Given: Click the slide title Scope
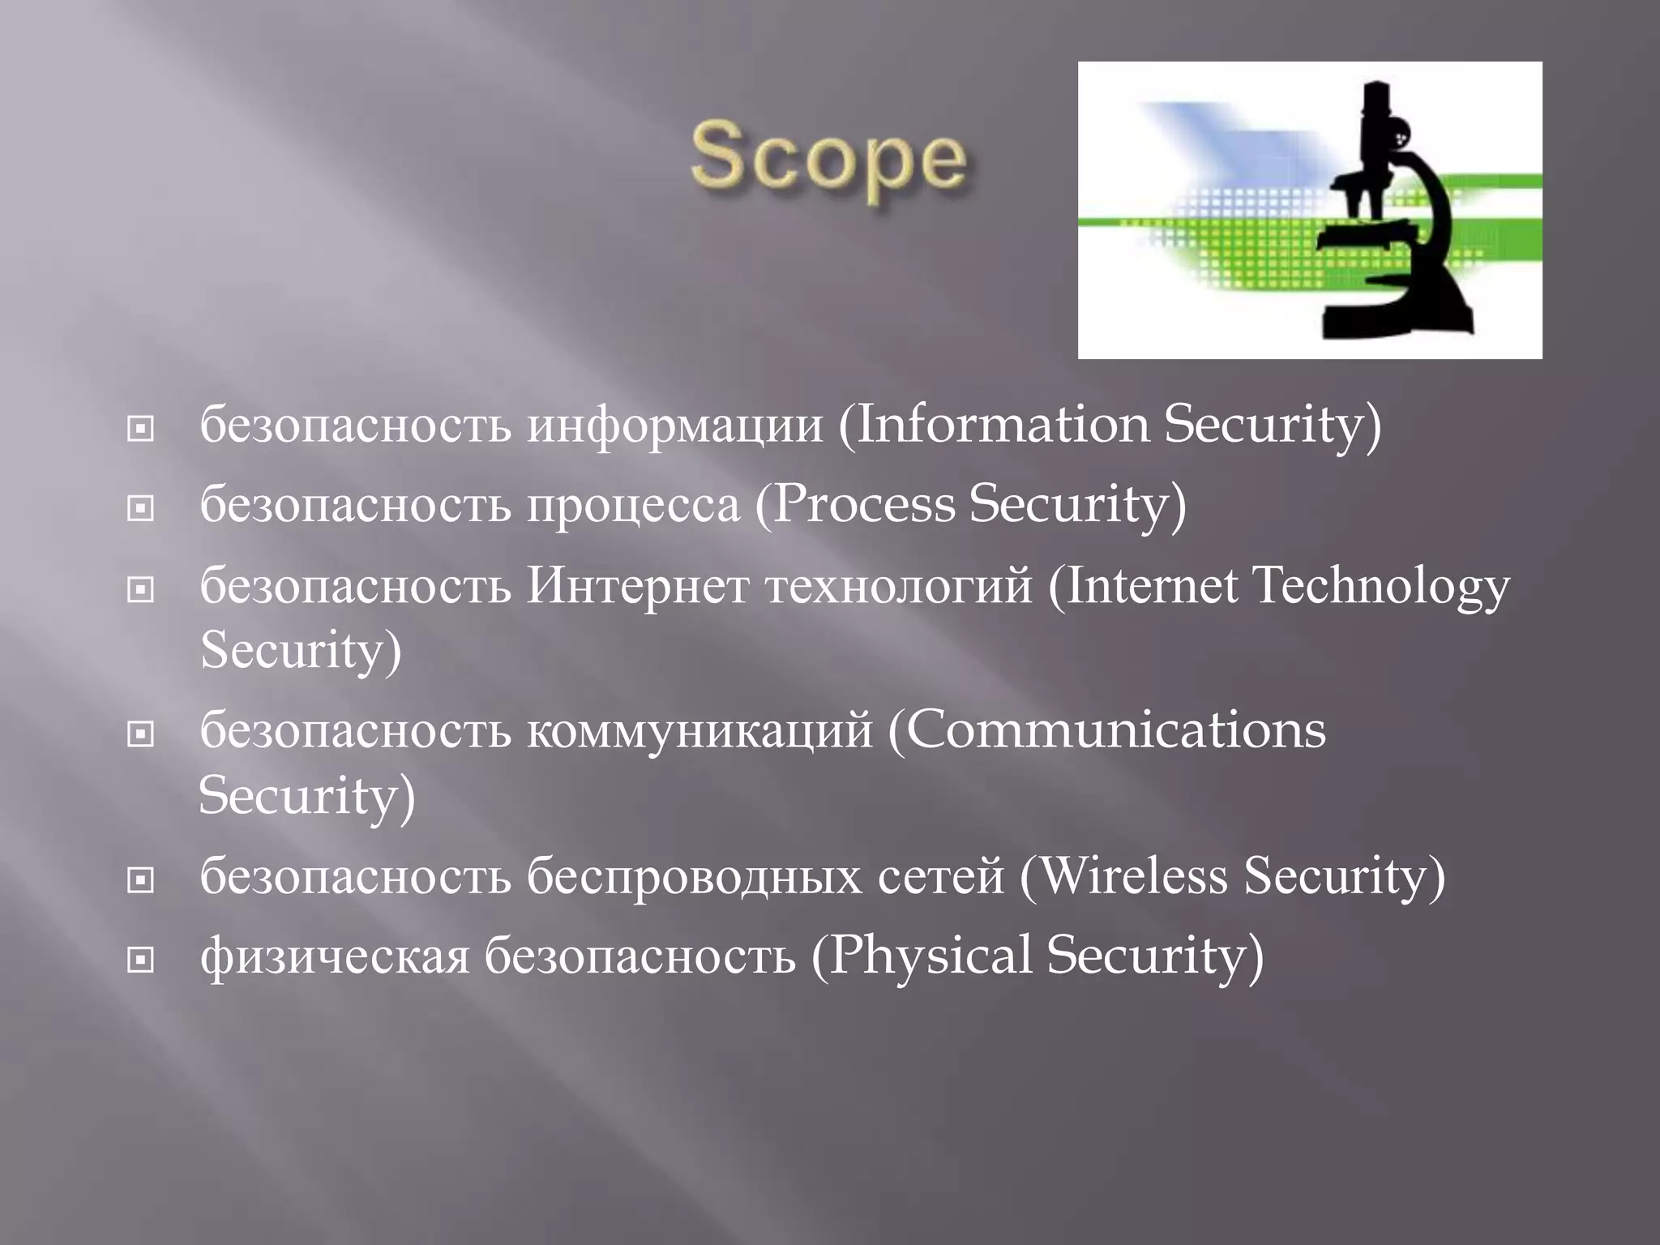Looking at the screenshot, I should pos(828,160).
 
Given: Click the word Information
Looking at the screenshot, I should pos(1002,424).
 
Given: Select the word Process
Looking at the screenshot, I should pos(864,504).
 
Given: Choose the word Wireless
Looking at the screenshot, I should pos(1132,876).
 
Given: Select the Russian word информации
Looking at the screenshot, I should pos(674,426).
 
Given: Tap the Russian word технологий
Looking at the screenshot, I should pos(899,587).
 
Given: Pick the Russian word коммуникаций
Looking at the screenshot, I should pos(700,730).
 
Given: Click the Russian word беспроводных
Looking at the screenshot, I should pos(694,877).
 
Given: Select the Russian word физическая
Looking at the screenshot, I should pos(335,956).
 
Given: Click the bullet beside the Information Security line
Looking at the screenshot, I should pos(141,428).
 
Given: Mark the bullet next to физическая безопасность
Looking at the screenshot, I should pos(141,960).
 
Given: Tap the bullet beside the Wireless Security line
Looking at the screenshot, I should pos(141,879).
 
